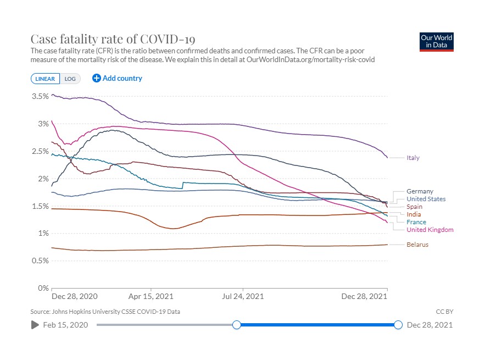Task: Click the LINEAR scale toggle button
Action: pos(45,79)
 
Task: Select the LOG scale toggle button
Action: pos(70,79)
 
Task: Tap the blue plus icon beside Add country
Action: pos(97,78)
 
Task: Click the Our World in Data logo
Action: pos(437,42)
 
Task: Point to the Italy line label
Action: pos(413,158)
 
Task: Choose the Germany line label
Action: pos(420,191)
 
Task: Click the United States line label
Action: pos(426,199)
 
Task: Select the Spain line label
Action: pos(414,207)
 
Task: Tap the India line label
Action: pos(414,214)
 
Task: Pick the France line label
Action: pos(416,222)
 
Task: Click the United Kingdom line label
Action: pos(430,230)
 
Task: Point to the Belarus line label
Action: pos(417,245)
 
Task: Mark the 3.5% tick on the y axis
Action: pos(40,96)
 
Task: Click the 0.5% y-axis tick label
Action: pos(40,261)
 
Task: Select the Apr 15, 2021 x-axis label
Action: pos(150,297)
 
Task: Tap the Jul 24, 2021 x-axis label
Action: pos(243,297)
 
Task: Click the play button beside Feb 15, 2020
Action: pos(35,325)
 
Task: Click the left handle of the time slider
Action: pos(237,325)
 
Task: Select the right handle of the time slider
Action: pos(398,325)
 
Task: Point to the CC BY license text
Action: pos(444,312)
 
